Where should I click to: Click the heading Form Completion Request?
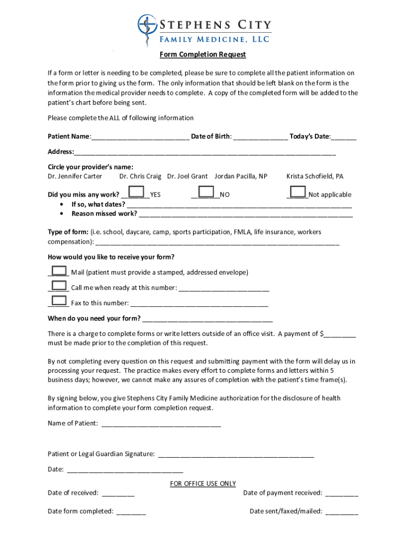click(203, 55)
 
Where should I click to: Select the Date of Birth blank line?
click(260, 137)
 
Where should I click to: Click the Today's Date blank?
click(344, 137)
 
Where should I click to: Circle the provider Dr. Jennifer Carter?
click(75, 176)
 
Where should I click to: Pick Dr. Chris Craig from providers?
click(140, 176)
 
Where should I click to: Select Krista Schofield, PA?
click(315, 176)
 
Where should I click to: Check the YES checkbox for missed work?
click(137, 192)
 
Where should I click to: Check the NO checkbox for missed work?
click(206, 192)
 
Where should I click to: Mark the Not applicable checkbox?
click(298, 192)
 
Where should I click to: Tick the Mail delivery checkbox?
click(59, 271)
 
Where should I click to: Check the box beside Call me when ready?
click(59, 286)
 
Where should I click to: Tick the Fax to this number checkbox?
click(59, 302)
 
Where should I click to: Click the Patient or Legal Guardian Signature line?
click(236, 454)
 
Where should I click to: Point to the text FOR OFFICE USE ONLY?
click(203, 484)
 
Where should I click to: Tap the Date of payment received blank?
click(342, 494)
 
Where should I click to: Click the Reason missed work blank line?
click(245, 214)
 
